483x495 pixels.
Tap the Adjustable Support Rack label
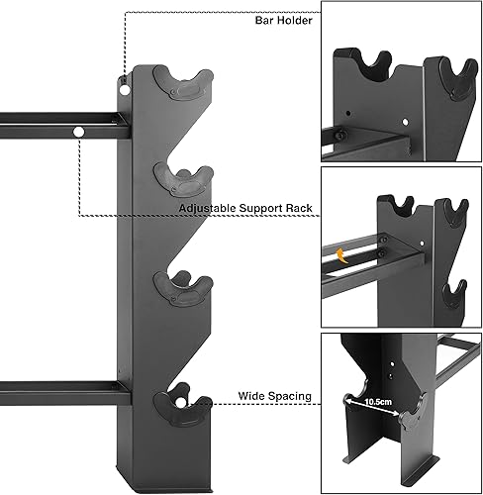tap(245, 209)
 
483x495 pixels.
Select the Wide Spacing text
tap(275, 396)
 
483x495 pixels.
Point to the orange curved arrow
tap(342, 255)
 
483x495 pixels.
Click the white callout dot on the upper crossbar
tap(77, 131)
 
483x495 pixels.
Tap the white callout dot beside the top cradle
tap(125, 86)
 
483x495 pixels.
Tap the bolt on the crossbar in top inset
tap(339, 135)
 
